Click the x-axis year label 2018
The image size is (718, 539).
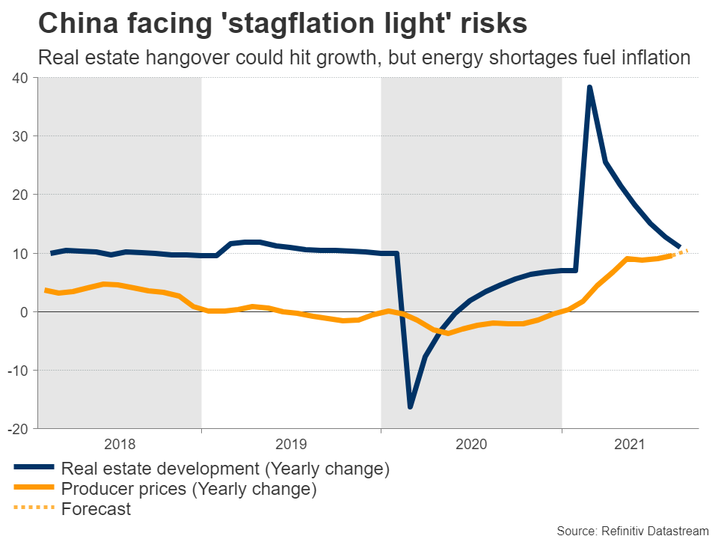120,444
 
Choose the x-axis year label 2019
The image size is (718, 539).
292,444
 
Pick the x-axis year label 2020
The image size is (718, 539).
471,444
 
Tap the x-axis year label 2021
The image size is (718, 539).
630,444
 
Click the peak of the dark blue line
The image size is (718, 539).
589,88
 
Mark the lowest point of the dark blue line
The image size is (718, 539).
410,406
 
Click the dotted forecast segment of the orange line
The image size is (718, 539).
681,252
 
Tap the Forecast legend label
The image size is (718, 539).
96,510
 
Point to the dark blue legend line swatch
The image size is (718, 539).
34,469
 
